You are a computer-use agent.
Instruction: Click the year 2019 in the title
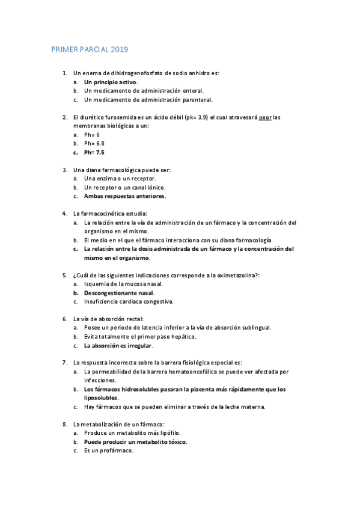(x=118, y=50)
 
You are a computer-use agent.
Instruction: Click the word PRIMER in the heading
(x=65, y=50)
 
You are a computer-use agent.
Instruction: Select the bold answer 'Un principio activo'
(x=111, y=82)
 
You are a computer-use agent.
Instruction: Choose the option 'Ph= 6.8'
(x=94, y=144)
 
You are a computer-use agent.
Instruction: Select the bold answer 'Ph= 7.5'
(x=94, y=153)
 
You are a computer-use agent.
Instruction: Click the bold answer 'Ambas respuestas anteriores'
(x=124, y=196)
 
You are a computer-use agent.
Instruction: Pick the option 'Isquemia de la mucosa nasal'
(x=123, y=283)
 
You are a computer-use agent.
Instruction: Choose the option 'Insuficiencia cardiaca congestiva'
(x=129, y=301)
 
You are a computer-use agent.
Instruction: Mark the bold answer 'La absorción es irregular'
(x=118, y=346)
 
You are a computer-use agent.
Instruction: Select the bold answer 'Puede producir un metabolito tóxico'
(x=135, y=441)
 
